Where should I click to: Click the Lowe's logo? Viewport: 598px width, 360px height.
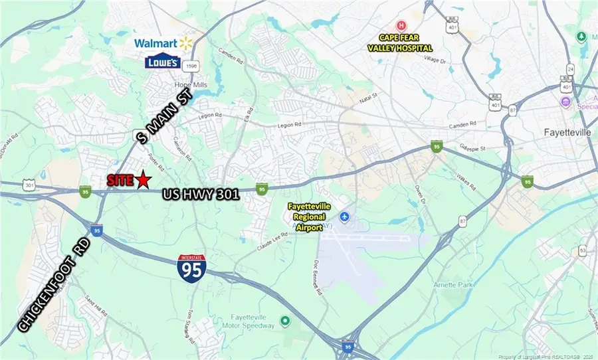163,62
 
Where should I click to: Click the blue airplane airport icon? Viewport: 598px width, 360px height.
344,217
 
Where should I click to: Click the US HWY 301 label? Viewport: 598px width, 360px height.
201,194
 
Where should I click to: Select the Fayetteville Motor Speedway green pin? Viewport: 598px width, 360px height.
285,321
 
